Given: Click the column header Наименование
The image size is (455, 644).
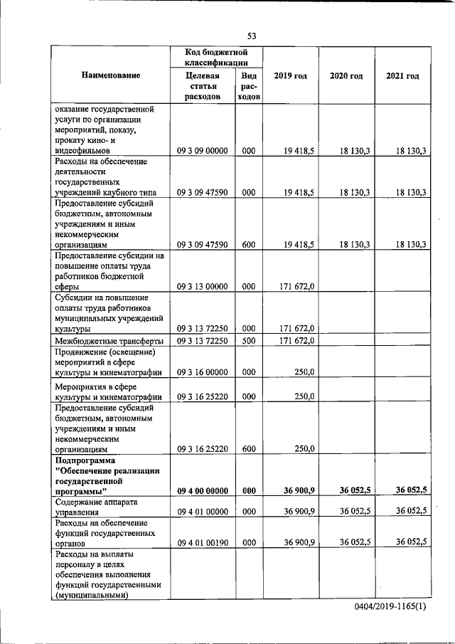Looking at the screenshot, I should [110, 75].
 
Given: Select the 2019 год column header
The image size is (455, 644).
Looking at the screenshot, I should [290, 75].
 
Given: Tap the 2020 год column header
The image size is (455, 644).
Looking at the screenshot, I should [346, 75].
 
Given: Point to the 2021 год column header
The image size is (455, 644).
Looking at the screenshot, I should [402, 75].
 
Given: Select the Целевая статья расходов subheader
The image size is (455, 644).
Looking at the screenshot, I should [202, 85].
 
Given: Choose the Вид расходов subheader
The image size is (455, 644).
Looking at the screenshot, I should [249, 85].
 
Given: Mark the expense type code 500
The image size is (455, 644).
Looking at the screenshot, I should [249, 341].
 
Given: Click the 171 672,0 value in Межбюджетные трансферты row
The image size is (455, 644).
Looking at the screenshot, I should [297, 341].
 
